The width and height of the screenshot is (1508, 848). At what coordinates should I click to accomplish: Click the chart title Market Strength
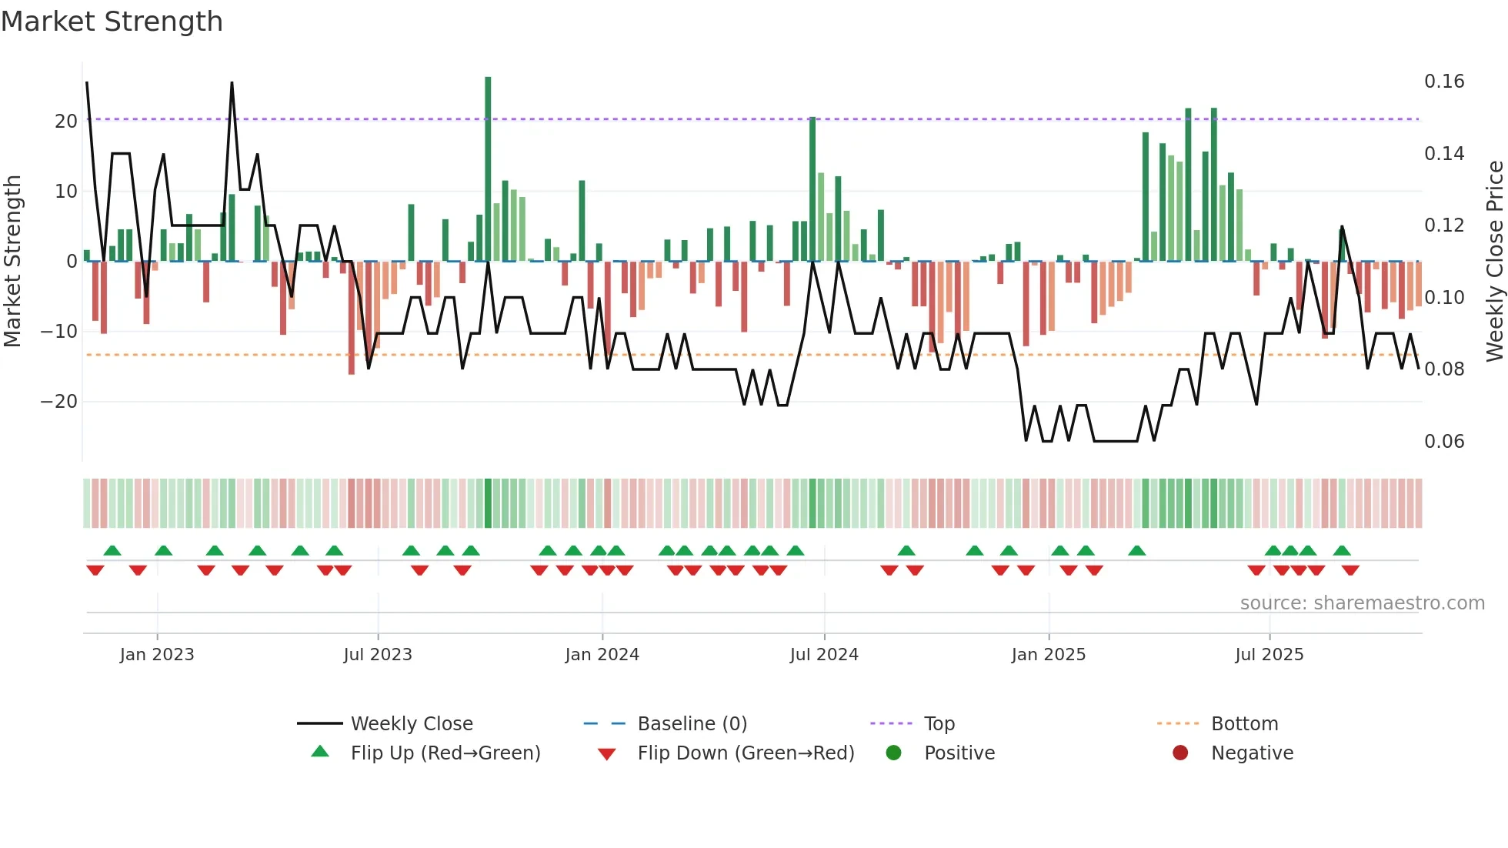coord(112,22)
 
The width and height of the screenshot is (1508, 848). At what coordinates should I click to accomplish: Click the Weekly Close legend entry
coord(411,724)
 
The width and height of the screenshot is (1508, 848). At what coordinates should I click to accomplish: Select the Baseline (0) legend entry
coord(692,724)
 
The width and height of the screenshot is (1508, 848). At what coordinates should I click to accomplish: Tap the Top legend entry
coord(939,724)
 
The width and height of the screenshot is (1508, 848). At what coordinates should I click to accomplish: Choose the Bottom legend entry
coord(1244,724)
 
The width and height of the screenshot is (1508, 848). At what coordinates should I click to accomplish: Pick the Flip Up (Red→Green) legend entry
coord(445,753)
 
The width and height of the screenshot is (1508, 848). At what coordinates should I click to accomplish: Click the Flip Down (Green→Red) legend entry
coord(745,753)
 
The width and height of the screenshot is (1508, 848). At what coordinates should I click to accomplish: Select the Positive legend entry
coord(959,753)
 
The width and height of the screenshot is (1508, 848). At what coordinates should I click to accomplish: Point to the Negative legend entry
coord(1252,753)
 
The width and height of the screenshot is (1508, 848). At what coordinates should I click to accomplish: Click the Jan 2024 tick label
coord(602,655)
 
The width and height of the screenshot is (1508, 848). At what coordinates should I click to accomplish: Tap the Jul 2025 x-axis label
coord(1269,655)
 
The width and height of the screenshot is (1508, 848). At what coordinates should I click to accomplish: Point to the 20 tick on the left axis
coord(66,122)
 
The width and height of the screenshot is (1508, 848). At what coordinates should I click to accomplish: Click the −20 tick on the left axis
coord(59,402)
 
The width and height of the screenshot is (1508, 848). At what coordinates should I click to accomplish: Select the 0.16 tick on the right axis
coord(1444,82)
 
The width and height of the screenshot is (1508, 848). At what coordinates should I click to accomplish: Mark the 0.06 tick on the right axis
coord(1444,442)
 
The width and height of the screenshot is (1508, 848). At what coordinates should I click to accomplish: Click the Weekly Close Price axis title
coord(1494,262)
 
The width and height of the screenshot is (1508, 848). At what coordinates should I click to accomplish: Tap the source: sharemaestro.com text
coord(1362,603)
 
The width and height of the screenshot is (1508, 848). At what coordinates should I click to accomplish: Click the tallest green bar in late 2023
coord(488,169)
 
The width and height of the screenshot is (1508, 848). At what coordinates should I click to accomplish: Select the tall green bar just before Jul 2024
coord(812,189)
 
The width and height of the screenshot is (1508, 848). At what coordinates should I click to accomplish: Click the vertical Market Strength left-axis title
coord(12,262)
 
